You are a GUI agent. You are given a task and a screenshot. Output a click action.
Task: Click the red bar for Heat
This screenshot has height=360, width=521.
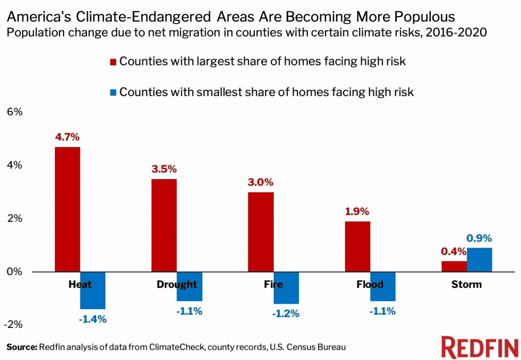(x=68, y=209)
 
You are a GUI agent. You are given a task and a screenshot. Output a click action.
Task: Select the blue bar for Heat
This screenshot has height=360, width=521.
(x=93, y=290)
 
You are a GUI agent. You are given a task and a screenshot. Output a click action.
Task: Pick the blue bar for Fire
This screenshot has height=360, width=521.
(x=286, y=288)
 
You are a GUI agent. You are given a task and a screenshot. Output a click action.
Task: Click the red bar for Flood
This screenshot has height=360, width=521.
(x=358, y=247)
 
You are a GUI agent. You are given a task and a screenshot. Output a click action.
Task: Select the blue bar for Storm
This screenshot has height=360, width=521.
(x=479, y=260)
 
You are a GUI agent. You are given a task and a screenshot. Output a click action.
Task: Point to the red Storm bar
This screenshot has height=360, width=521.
(x=454, y=266)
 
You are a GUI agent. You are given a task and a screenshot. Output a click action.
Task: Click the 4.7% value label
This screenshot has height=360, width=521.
(x=68, y=137)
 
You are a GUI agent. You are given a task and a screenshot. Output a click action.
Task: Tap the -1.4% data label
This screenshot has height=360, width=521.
(x=93, y=319)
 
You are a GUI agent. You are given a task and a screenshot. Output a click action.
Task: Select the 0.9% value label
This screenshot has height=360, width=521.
(x=479, y=238)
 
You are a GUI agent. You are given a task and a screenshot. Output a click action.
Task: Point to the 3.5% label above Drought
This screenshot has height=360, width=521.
(x=164, y=169)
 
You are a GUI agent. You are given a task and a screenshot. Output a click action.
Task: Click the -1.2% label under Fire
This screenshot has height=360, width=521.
(x=286, y=314)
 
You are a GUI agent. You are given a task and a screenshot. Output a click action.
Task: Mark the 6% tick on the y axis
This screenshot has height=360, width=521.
(x=14, y=112)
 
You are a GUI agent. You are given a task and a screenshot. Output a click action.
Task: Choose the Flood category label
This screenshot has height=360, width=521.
(x=370, y=284)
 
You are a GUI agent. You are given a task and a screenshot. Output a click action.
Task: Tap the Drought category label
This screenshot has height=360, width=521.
(x=177, y=284)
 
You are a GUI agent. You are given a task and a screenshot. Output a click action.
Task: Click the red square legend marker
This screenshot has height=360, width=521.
(x=113, y=62)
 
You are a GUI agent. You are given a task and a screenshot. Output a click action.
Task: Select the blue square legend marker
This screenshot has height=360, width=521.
(x=113, y=93)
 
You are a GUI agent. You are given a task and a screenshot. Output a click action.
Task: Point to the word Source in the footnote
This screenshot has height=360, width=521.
(x=22, y=347)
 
